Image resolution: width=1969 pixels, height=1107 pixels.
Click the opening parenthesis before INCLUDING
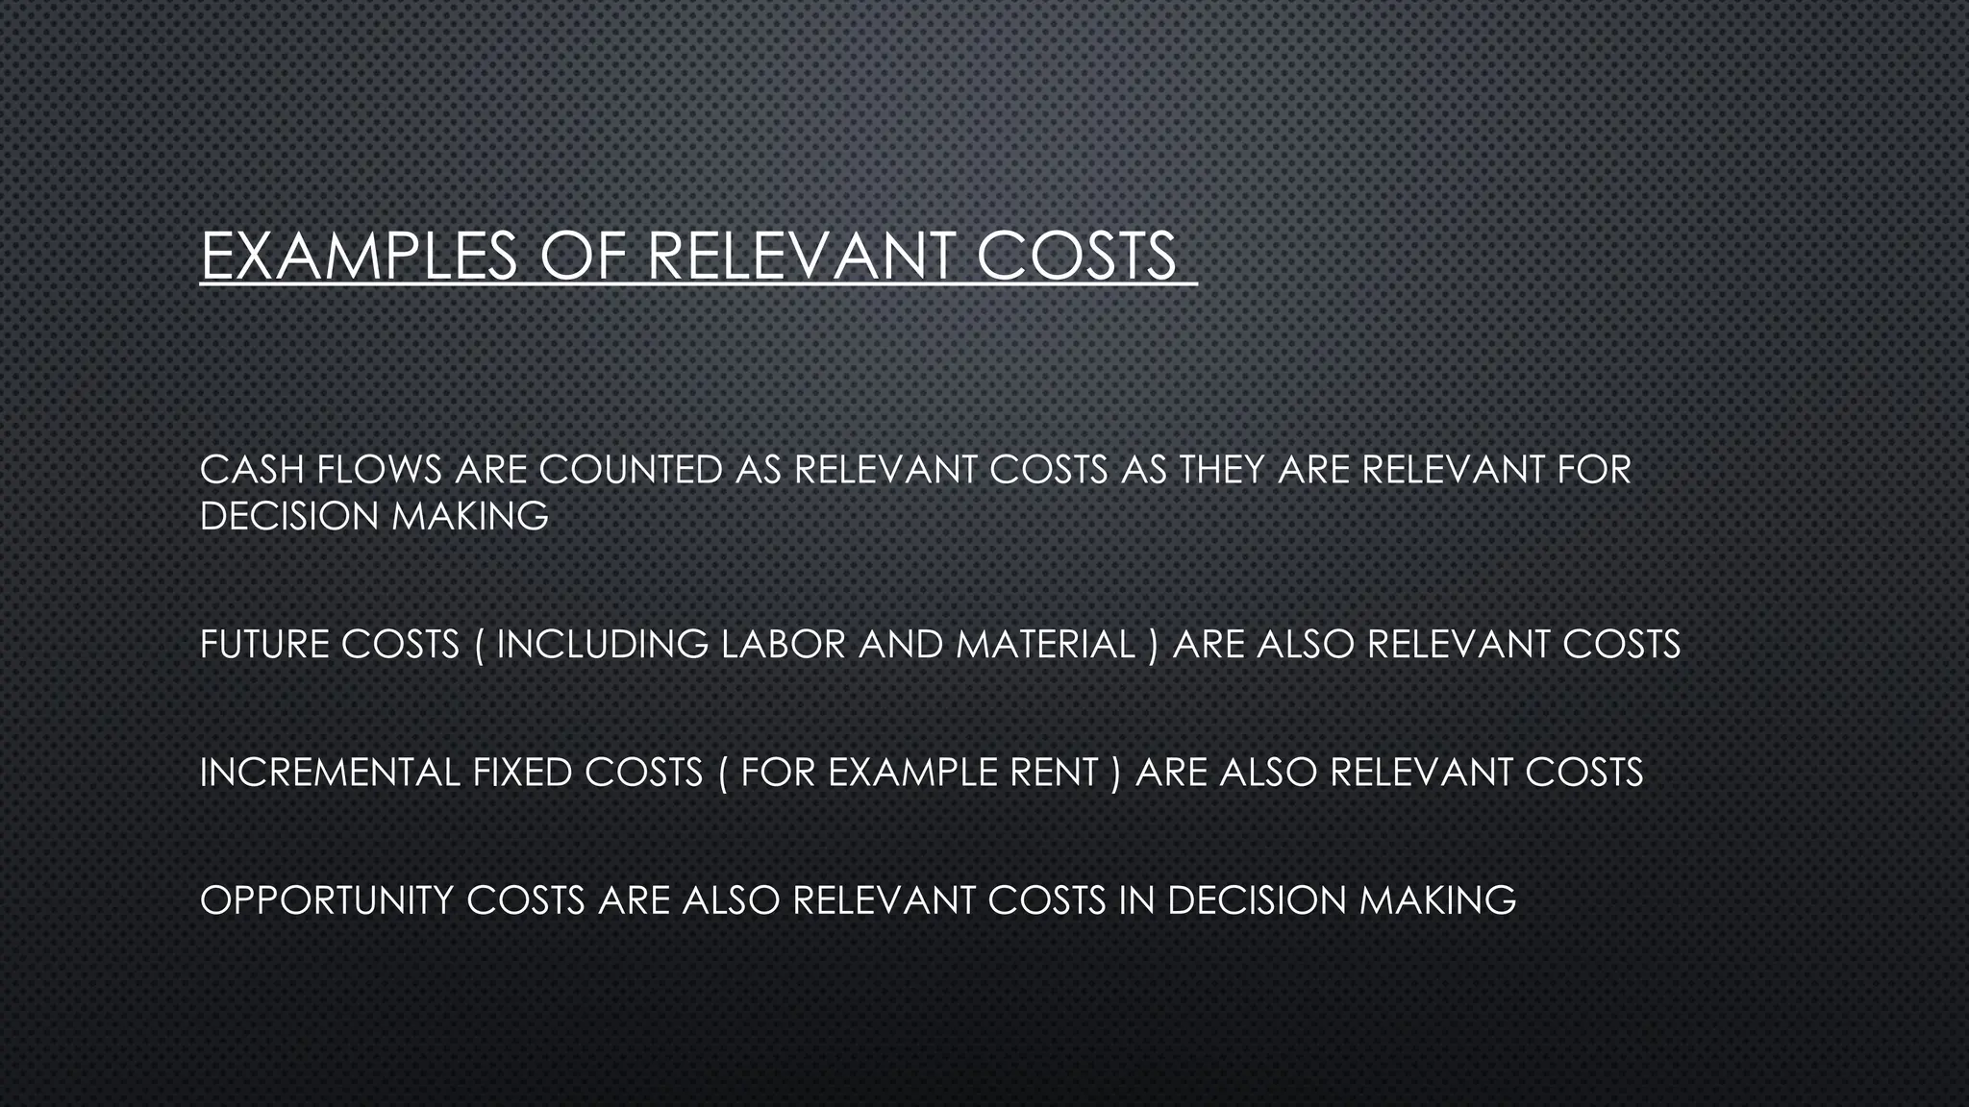pyautogui.click(x=480, y=644)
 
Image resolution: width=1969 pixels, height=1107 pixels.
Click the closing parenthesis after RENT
pyautogui.click(x=1115, y=773)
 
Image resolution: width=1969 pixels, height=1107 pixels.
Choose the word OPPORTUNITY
pyautogui.click(x=327, y=900)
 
